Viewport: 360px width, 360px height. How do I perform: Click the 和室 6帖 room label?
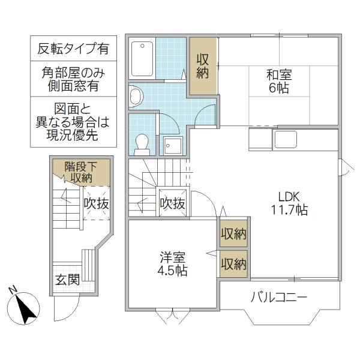click(279, 82)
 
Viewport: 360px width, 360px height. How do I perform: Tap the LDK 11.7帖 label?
click(289, 203)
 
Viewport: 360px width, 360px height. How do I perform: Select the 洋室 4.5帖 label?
click(172, 264)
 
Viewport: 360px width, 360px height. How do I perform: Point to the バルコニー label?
click(279, 297)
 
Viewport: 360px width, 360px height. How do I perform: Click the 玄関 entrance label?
click(67, 280)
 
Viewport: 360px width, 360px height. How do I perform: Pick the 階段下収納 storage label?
click(81, 172)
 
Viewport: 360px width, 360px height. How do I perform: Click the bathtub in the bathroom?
click(142, 59)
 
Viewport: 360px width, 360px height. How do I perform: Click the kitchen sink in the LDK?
click(286, 140)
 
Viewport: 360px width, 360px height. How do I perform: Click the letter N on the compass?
click(13, 290)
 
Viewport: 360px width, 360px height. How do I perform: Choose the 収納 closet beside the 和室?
click(202, 67)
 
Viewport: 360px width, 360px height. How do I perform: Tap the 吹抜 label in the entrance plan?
click(96, 203)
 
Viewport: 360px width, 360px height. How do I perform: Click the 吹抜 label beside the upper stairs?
click(172, 203)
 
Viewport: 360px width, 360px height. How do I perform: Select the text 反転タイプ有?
click(73, 49)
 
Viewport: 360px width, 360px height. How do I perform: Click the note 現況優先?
click(73, 134)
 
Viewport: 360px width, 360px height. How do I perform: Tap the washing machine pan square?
click(173, 146)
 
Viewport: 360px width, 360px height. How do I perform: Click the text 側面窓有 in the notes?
click(73, 86)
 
